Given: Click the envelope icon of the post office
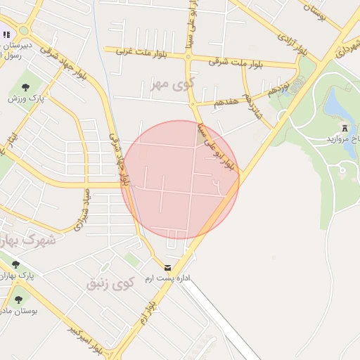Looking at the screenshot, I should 167,268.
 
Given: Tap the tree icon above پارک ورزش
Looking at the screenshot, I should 25,87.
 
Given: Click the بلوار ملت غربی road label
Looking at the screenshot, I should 138,51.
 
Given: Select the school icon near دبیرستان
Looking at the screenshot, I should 7,34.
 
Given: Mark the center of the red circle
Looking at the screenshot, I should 181,179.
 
